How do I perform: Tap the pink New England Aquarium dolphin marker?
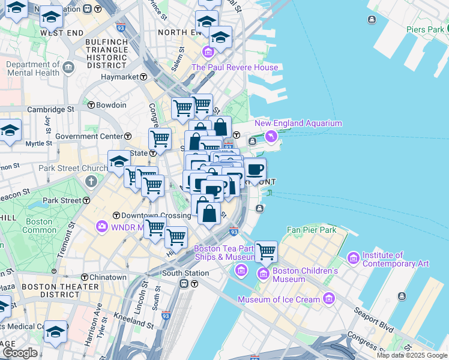pos(271,137)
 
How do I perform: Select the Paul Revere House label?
pos(235,67)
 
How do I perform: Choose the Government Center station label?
pos(89,136)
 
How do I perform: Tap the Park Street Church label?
pos(68,168)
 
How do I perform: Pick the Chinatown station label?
pos(108,277)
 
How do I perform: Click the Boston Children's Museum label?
pos(305,275)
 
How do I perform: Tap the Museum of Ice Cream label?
pos(279,299)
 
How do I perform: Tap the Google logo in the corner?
pos(19,353)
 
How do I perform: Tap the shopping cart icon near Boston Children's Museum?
pos(266,253)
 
